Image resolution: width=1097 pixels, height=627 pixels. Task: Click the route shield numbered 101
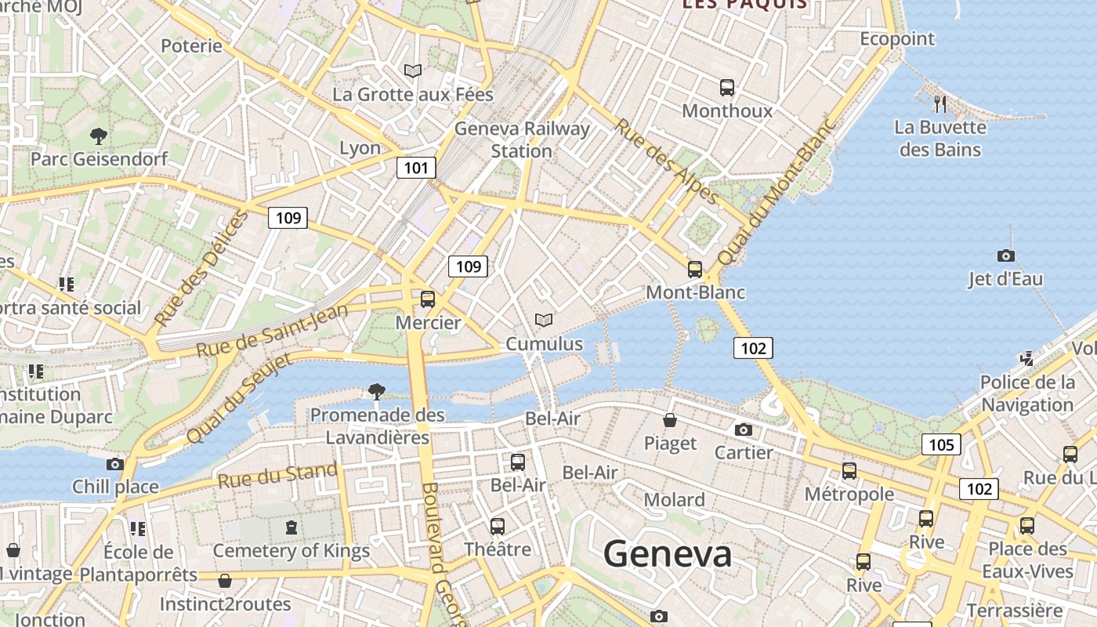[x=416, y=167]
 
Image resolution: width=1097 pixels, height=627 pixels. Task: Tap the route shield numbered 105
[x=941, y=445]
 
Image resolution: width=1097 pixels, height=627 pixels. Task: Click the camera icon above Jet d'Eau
[x=1006, y=256]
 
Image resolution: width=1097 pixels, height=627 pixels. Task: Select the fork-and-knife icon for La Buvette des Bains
[x=940, y=103]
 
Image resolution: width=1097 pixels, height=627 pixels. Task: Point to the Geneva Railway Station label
[x=522, y=139]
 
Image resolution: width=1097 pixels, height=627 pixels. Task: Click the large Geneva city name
[x=668, y=554]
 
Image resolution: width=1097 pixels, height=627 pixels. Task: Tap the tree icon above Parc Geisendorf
[x=99, y=136]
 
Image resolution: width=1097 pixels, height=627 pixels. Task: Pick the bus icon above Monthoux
[x=727, y=87]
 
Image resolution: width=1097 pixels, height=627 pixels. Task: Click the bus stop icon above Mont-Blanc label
[x=694, y=269]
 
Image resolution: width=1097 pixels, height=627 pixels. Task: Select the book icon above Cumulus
[x=543, y=320]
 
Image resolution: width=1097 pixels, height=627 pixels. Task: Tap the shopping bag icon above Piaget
[x=670, y=420]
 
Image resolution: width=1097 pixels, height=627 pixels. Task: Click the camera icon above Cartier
[x=744, y=429]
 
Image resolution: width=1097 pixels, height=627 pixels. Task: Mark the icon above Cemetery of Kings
[x=291, y=527]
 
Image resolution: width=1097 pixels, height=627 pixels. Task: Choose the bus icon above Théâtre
[x=497, y=526]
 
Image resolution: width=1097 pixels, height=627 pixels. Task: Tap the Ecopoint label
[x=897, y=38]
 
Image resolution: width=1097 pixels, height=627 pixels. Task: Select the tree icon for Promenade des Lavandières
[x=377, y=391]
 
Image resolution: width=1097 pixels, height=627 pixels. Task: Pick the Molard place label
[x=674, y=499]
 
